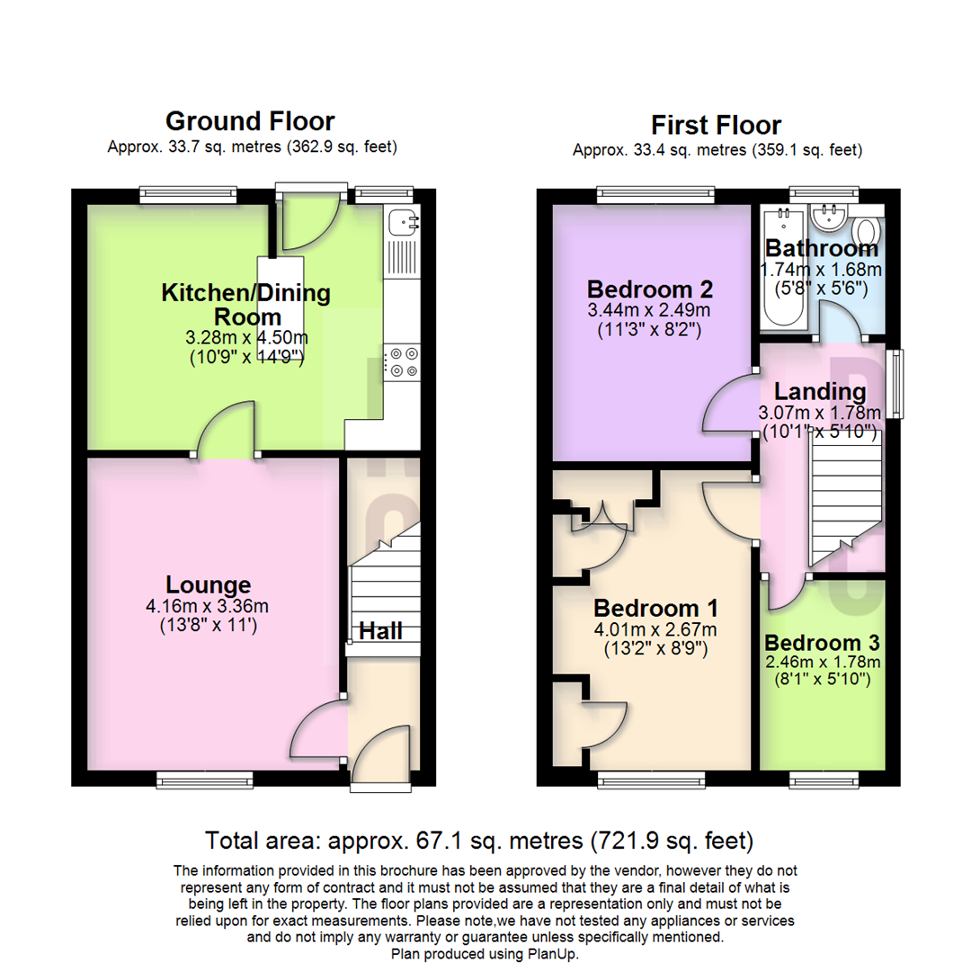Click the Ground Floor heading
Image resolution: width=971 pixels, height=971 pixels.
coord(250,120)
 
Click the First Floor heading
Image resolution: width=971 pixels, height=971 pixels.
coord(717,124)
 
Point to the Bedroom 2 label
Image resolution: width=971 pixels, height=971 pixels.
coord(649,290)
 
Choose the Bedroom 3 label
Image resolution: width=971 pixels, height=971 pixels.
coord(822,644)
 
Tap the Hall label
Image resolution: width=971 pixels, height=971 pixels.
coord(380,631)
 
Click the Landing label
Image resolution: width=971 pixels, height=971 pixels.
coord(820,392)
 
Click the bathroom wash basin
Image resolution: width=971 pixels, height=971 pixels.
coord(825,217)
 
